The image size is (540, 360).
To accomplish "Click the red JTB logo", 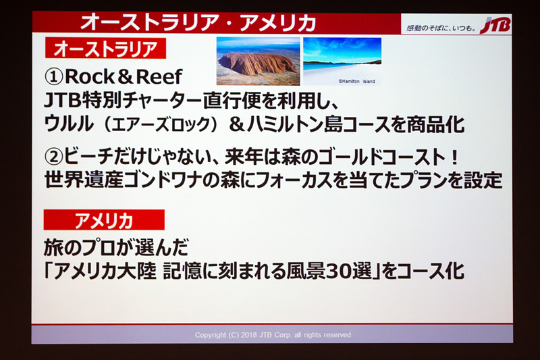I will (497, 26).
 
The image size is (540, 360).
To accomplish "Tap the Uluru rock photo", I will (258, 61).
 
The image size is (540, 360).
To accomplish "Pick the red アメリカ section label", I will (103, 220).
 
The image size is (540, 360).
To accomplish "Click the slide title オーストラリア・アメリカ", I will (198, 22).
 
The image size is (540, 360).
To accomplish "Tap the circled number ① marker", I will (54, 76).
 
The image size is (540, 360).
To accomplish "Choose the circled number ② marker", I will (55, 157).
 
